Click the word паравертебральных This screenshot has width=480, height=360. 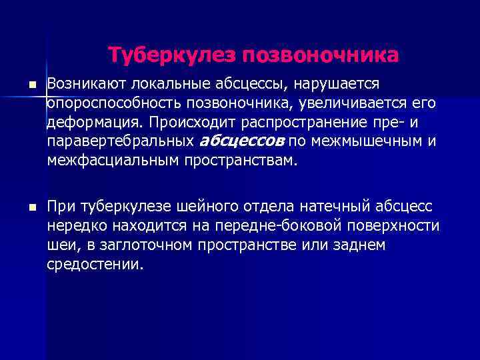(x=121, y=142)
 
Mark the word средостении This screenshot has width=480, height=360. (x=95, y=264)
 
